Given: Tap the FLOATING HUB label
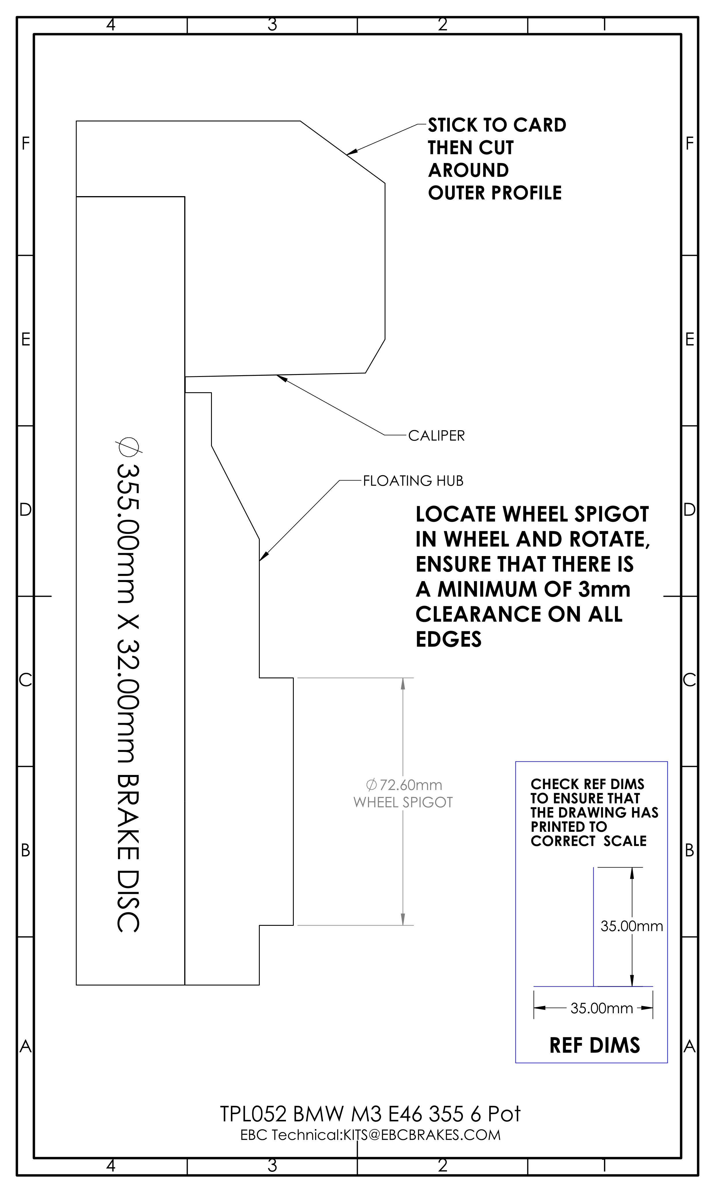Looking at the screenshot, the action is click(413, 480).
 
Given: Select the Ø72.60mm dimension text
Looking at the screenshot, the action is click(404, 785).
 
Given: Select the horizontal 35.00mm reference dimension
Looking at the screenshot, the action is click(602, 1008).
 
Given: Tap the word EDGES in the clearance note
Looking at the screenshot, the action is click(449, 639).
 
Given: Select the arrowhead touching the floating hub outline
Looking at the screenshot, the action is click(263, 557).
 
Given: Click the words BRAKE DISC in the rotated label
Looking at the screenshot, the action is click(128, 853).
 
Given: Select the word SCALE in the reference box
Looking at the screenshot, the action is click(625, 841).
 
